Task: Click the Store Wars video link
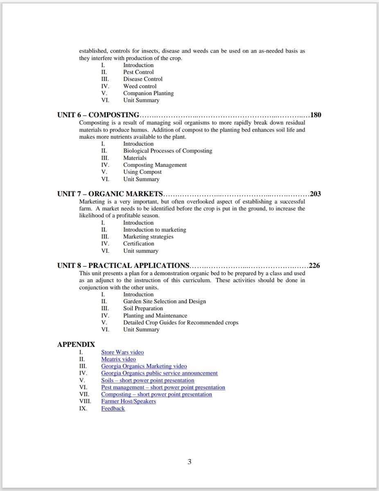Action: pos(122,352)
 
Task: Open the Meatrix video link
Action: pos(118,359)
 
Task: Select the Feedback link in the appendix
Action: pos(113,408)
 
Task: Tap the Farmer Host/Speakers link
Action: pos(129,401)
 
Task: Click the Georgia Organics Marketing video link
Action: pos(144,366)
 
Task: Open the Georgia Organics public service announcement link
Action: pos(159,373)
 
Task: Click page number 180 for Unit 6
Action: pos(316,115)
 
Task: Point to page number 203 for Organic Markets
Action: pos(315,194)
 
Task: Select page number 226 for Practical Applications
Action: pos(314,266)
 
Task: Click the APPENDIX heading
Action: pos(76,345)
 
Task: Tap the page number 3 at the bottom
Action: pos(189,462)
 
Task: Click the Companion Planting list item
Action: pos(148,93)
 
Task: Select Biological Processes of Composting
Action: pos(167,151)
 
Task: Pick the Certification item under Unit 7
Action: pos(138,244)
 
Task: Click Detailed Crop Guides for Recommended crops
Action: pos(180,322)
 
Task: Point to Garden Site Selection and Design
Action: pos(164,302)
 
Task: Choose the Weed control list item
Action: pos(140,86)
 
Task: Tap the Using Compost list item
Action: pos(142,172)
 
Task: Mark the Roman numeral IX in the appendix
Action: pos(83,408)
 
